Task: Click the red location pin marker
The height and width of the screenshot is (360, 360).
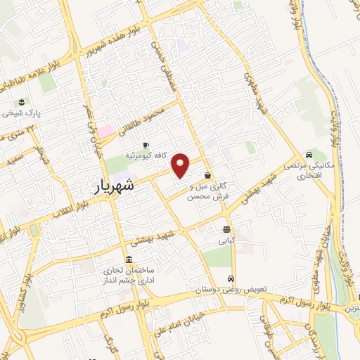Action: [x=181, y=165]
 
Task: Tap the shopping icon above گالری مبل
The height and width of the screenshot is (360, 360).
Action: [x=207, y=175]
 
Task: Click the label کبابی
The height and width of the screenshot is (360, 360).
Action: [x=226, y=240]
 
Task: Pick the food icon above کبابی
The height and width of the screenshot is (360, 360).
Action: [x=226, y=230]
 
